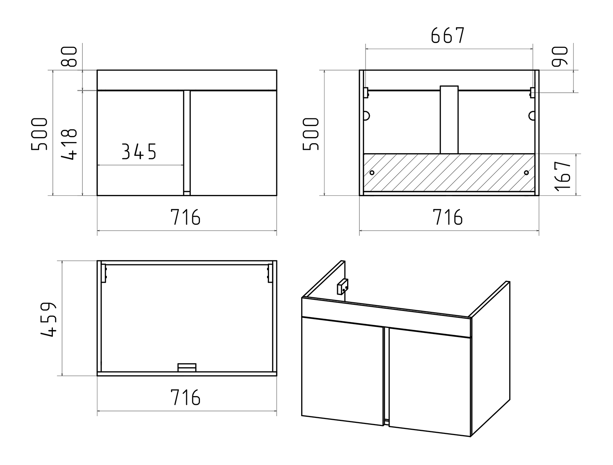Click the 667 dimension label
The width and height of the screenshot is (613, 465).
pos(447,35)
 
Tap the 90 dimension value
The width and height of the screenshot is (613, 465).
pos(560,56)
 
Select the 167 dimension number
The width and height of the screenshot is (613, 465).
pos(563,176)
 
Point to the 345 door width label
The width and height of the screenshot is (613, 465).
pos(139,152)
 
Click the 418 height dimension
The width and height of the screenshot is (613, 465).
pos(69,144)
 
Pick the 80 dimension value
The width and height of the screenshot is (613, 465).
pos(69,56)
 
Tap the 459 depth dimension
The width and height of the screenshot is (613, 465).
pos(49,319)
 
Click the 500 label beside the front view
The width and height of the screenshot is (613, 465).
pos(39,134)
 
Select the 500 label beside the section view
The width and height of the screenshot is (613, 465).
pos(311,134)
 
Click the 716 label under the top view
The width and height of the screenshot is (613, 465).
pos(185,397)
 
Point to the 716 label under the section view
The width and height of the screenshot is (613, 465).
pos(447,217)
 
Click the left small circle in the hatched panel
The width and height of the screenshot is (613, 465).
pos(372,173)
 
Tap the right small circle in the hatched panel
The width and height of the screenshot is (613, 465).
pos(526,173)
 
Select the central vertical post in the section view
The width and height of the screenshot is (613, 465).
pos(449,120)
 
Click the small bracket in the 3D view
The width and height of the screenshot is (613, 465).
pos(343,287)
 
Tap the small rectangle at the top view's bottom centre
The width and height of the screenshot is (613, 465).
pos(187,367)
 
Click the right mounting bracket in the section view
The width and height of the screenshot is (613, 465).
pos(532,93)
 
